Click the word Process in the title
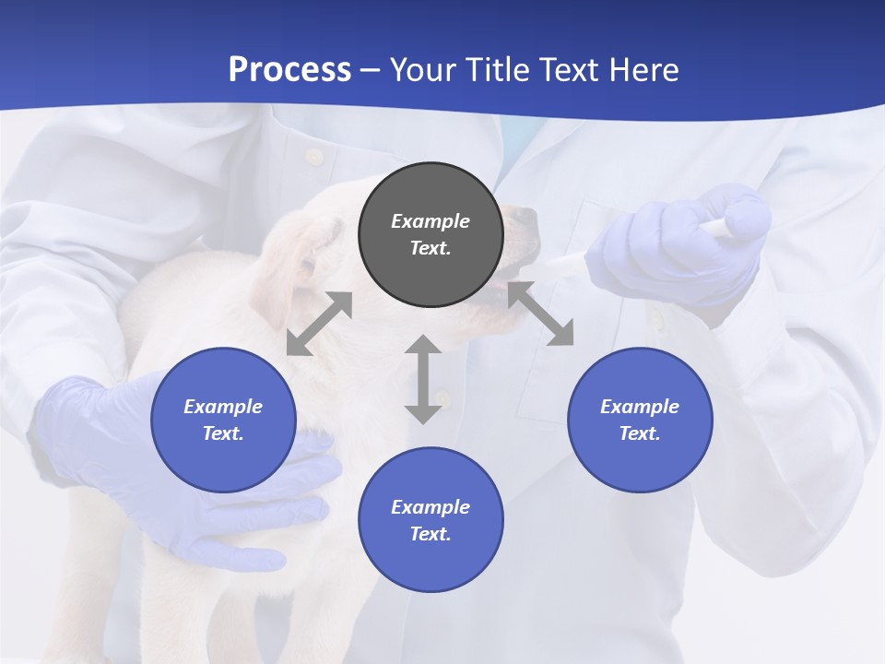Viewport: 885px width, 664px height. click(x=289, y=70)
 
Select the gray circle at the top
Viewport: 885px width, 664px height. click(x=431, y=235)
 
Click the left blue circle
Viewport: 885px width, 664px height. click(x=223, y=420)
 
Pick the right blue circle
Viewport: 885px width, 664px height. click(x=640, y=420)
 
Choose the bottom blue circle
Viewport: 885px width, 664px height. click(x=431, y=520)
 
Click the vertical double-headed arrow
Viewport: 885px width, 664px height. click(x=423, y=379)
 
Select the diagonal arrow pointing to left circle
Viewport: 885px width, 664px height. click(x=319, y=324)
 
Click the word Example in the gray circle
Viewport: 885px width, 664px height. click(x=431, y=221)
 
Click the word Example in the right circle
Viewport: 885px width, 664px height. click(x=640, y=407)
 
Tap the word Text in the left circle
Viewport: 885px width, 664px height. click(x=222, y=433)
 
